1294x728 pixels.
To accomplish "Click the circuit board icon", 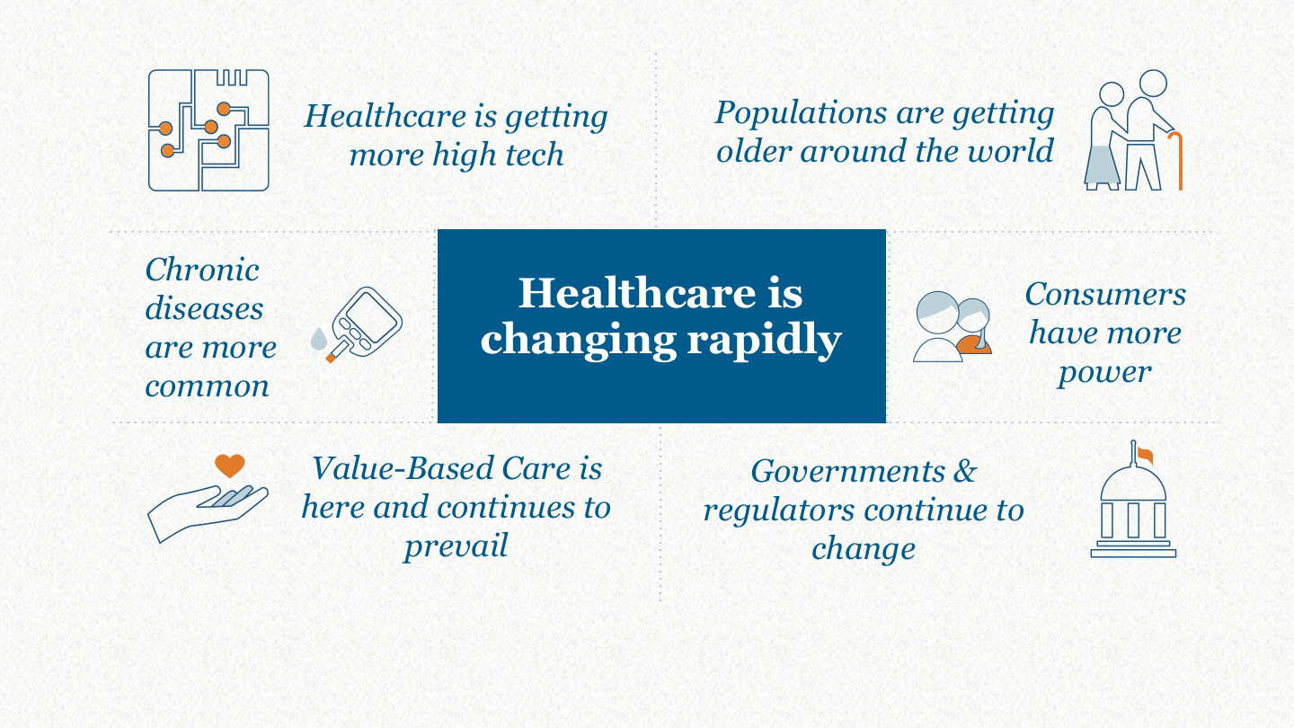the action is [x=208, y=130].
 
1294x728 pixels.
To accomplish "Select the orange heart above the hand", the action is [x=230, y=466].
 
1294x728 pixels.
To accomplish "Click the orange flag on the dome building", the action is [x=1145, y=456].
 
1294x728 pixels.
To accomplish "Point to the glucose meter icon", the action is [x=365, y=324].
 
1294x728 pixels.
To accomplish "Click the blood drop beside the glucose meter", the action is [x=318, y=339].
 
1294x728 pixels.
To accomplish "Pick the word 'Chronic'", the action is [x=201, y=270].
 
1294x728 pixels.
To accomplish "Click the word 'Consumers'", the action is [x=1105, y=294].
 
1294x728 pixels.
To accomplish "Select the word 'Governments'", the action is [x=848, y=471].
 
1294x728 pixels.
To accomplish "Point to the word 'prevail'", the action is [x=456, y=546].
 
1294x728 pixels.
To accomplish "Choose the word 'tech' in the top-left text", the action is [x=535, y=155].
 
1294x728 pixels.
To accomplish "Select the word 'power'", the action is [x=1105, y=373].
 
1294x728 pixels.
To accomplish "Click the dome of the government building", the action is [x=1133, y=484].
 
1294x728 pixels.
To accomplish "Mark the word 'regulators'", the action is [x=779, y=510].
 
